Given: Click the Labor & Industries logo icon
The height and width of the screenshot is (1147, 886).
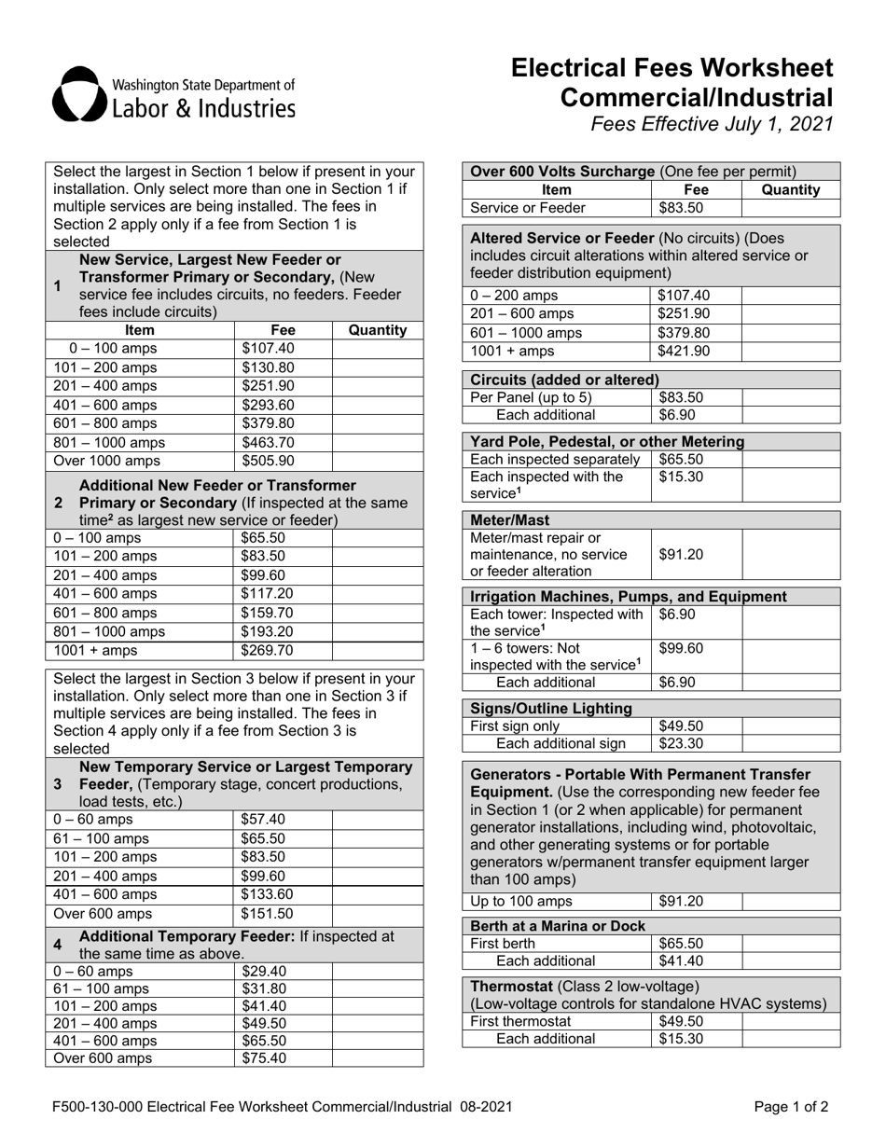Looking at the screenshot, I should [x=79, y=95].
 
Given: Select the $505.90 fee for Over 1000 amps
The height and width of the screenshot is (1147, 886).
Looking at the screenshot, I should [x=268, y=460].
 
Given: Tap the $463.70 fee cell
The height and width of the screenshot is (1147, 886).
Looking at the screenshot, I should [x=268, y=441].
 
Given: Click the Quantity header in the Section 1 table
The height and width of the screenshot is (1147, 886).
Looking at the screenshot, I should [x=377, y=329].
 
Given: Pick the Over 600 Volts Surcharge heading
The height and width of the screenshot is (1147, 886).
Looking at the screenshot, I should [x=563, y=171].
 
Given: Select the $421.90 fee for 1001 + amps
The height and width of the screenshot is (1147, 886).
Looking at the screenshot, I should [x=684, y=351].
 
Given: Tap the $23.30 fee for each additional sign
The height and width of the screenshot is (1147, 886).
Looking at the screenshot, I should [x=681, y=743].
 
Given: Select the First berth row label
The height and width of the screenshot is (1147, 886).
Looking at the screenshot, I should [x=504, y=943].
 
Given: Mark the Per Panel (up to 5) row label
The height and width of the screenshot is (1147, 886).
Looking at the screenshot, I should [x=531, y=397].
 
